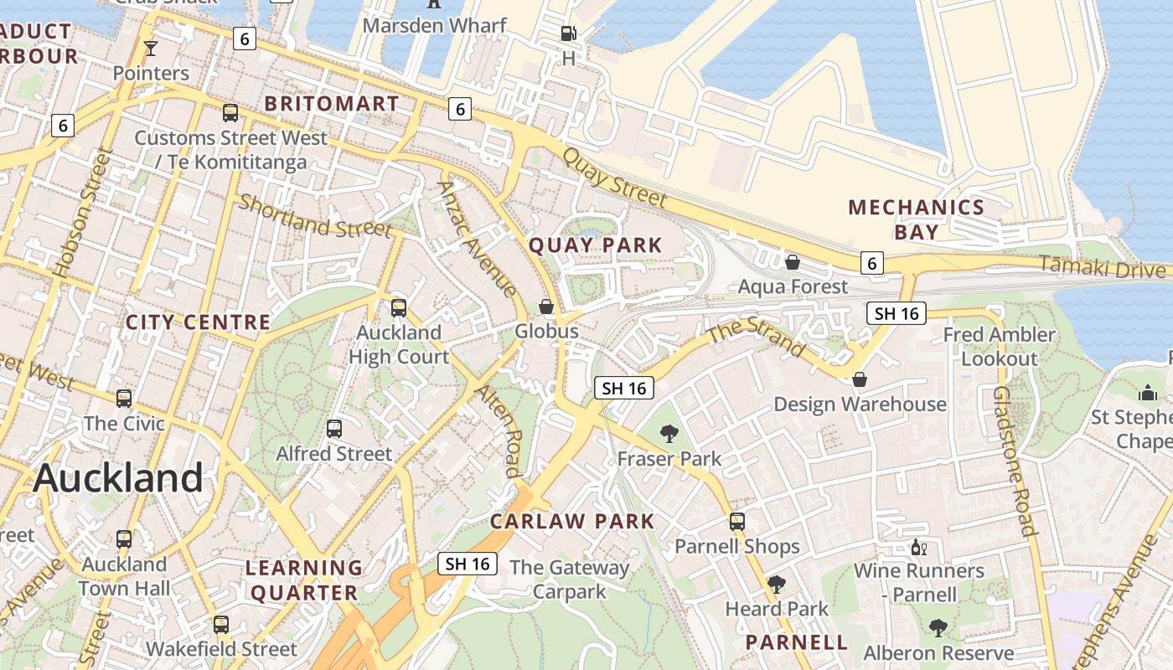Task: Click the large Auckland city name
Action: [x=118, y=478]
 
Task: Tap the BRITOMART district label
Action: [x=332, y=104]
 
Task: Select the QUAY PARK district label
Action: [x=595, y=245]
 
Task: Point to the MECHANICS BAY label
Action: [x=916, y=219]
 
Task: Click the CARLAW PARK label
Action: [x=572, y=521]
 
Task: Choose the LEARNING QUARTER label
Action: [x=303, y=580]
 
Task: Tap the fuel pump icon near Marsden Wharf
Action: [x=569, y=33]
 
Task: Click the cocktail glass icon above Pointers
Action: [x=151, y=49]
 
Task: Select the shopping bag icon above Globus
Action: [x=546, y=307]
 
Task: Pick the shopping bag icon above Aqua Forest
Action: [x=792, y=263]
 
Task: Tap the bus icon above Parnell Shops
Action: [x=737, y=522]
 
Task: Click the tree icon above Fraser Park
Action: [x=669, y=433]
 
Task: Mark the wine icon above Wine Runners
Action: [x=919, y=548]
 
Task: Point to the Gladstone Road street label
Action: [x=1015, y=460]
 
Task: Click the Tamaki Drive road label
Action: [x=1102, y=267]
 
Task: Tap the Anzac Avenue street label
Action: [x=477, y=240]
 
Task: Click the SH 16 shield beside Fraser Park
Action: [x=624, y=388]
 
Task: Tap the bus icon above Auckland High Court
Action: [x=399, y=307]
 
